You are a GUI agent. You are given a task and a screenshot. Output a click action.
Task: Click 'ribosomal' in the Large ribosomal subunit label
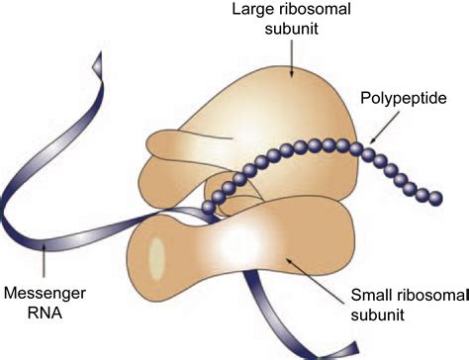[x=314, y=13]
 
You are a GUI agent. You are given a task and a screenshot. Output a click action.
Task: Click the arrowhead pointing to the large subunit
[x=290, y=70]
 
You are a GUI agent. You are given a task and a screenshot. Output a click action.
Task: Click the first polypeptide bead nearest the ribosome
[x=208, y=207]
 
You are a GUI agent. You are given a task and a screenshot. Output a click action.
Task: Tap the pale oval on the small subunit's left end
[x=155, y=257]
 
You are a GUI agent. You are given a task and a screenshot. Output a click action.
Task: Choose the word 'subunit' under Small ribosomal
[x=375, y=316]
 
